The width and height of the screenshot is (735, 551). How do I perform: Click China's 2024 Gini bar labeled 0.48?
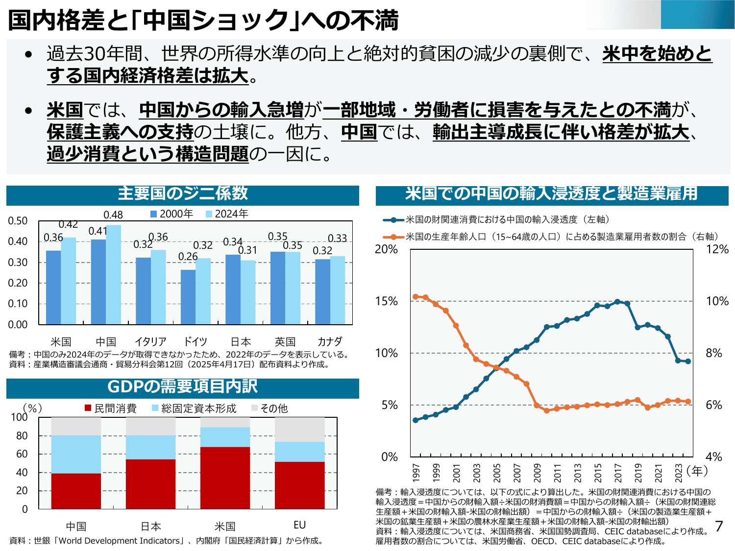point(113,274)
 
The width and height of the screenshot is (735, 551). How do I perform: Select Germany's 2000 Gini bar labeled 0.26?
point(188,297)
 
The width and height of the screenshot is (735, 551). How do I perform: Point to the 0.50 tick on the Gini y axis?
point(18,221)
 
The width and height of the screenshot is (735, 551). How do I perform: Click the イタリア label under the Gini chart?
point(150,341)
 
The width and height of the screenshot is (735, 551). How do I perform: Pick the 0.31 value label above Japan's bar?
point(247,250)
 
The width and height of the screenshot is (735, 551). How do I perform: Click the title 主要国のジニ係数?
point(182,194)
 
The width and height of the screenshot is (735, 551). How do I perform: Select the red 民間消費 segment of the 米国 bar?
point(225,478)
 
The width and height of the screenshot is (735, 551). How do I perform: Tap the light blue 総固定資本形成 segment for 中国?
point(76,454)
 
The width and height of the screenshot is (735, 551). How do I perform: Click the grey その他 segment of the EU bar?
point(299,430)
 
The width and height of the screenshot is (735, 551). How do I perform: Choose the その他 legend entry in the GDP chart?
point(269,408)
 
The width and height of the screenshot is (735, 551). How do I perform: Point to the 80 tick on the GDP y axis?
point(22,436)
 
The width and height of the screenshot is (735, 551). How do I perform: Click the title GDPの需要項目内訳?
point(182,387)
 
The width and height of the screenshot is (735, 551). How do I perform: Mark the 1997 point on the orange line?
point(416,297)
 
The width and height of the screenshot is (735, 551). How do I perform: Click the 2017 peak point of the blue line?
point(617,302)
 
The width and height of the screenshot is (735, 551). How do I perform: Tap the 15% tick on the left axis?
point(386,301)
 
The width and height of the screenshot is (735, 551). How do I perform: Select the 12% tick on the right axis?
point(717,249)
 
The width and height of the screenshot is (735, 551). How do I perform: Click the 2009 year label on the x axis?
point(537,473)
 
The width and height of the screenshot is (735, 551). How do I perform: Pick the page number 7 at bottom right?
point(719,527)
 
